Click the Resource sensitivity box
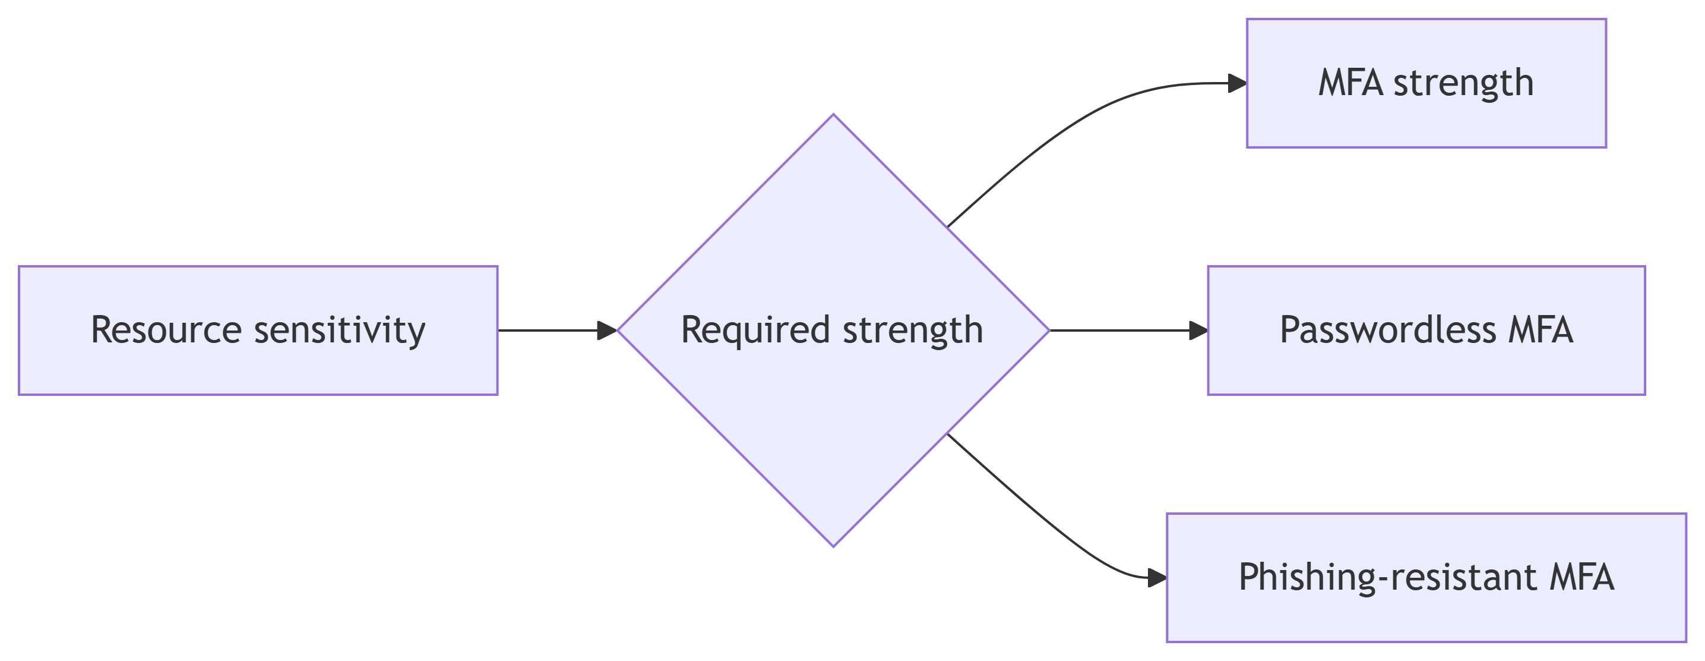pos(258,330)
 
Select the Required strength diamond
pos(833,330)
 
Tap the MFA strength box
pos(1426,83)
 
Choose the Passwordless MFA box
pos(1426,330)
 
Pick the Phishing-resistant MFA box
pos(1426,578)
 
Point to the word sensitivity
pos(340,331)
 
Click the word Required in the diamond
pos(755,331)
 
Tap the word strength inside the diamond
pos(913,331)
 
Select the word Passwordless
pos(1388,330)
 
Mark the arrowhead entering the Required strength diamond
pos(607,330)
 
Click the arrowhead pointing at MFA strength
pos(1237,83)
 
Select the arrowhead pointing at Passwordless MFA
pos(1198,330)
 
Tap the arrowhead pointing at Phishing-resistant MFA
pos(1157,578)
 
